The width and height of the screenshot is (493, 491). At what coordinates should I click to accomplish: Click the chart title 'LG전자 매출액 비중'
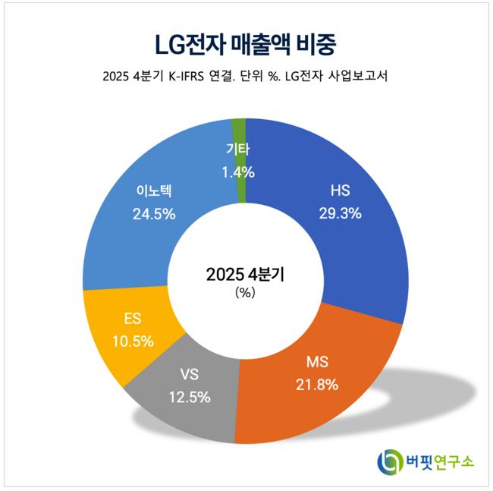point(246,45)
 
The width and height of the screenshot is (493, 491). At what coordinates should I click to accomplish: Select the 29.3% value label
point(341,213)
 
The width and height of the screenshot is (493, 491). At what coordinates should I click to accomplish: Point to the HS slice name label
point(341,190)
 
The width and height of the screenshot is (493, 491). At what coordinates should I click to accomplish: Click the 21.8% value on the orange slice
point(317,385)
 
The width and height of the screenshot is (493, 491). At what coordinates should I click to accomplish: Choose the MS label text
point(317,362)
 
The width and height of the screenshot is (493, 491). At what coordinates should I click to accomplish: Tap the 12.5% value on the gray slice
point(190,397)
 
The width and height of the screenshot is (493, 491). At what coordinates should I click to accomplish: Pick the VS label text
point(190,374)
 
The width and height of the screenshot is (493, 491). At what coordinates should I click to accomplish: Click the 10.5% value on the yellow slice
point(133,341)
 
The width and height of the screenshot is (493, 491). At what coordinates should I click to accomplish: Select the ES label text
point(133,319)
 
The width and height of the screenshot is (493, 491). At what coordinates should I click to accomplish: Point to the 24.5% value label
point(154,214)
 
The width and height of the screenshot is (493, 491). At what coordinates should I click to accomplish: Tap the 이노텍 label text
point(154,191)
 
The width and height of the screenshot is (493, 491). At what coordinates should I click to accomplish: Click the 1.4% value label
point(238,172)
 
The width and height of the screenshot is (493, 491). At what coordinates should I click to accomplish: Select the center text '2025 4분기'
point(245,275)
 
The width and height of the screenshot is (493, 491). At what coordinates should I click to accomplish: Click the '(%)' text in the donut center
point(245,293)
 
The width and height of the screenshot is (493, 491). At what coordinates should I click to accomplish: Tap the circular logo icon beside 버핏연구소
point(390,462)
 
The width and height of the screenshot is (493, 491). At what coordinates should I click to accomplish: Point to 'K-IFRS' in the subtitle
point(186,77)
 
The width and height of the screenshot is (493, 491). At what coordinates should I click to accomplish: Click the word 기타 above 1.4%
point(238,149)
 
